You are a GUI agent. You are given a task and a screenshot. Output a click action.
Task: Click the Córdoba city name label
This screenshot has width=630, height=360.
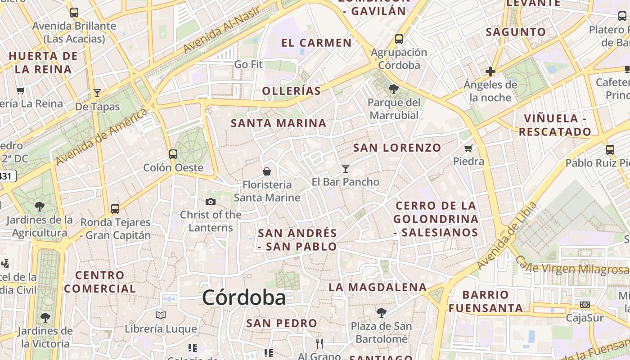(x=243, y=297)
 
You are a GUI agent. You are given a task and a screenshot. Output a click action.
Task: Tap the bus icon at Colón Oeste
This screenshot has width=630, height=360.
(x=173, y=154)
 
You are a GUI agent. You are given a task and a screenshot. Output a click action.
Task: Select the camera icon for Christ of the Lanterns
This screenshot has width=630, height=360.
(x=210, y=202)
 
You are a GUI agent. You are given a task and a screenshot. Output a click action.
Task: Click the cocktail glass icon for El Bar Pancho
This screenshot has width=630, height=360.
(x=346, y=169)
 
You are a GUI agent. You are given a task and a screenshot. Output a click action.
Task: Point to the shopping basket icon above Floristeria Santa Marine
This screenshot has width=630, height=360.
(x=267, y=171)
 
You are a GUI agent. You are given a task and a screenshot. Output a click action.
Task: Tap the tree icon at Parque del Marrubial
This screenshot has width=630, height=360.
(x=394, y=89)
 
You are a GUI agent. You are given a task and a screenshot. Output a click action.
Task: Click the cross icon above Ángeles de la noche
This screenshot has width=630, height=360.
(x=490, y=72)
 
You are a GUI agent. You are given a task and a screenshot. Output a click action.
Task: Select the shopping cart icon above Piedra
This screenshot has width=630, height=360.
(x=468, y=148)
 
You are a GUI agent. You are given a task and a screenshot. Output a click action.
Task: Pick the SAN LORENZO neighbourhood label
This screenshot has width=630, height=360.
(x=397, y=148)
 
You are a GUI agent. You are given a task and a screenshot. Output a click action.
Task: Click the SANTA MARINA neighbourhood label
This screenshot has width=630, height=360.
(x=279, y=123)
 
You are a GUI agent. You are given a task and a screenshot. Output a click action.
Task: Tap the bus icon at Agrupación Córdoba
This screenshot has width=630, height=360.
(x=399, y=39)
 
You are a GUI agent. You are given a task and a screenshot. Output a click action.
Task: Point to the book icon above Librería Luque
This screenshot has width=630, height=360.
(x=161, y=315)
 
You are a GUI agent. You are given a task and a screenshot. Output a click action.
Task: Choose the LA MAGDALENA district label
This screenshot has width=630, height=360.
(x=378, y=287)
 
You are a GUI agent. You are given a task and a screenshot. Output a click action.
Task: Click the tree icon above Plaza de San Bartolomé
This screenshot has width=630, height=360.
(x=381, y=312)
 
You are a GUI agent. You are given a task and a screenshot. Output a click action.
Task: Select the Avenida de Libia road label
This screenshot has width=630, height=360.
(x=507, y=236)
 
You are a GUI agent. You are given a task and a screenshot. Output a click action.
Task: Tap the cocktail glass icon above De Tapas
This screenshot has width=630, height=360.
(x=97, y=93)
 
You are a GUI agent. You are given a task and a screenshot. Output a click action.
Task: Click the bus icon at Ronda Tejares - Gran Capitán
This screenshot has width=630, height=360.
(x=115, y=209)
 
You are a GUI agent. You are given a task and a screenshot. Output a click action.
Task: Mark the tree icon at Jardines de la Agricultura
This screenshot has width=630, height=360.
(x=40, y=207)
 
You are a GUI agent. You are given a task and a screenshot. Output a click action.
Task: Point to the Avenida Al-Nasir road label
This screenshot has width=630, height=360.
(x=216, y=33)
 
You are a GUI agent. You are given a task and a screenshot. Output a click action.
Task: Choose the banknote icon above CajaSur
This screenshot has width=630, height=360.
(x=585, y=305)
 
